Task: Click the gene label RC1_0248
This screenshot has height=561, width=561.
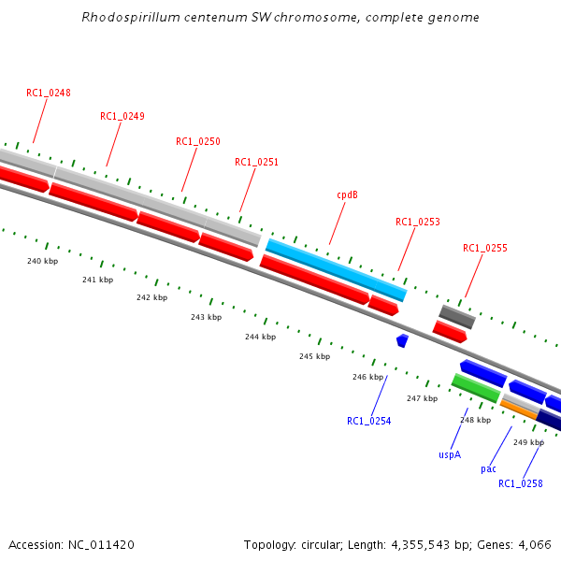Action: tap(49, 93)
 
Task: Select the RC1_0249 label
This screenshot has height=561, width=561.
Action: tap(122, 116)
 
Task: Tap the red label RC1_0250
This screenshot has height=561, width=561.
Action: tap(198, 141)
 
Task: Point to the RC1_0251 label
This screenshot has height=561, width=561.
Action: tap(256, 162)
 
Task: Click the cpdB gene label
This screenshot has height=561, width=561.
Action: tap(347, 194)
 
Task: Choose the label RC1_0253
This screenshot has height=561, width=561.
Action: tap(417, 222)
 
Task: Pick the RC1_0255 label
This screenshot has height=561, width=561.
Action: tap(484, 248)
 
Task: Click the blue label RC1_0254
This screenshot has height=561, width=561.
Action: tap(368, 421)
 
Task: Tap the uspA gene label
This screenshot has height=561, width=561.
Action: tap(450, 454)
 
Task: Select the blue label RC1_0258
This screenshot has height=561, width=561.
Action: tap(520, 483)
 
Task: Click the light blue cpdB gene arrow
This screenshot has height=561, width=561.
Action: tap(336, 269)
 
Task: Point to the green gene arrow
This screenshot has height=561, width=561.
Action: tap(475, 388)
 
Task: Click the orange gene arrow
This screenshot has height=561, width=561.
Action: tap(519, 409)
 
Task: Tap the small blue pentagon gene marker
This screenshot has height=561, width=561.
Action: tap(402, 340)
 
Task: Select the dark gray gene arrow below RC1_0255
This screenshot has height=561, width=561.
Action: tap(457, 316)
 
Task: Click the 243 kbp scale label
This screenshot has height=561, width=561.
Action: tap(206, 317)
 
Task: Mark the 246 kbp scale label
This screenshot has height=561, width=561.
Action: tap(367, 377)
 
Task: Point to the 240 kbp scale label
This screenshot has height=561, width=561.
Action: tap(42, 261)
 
